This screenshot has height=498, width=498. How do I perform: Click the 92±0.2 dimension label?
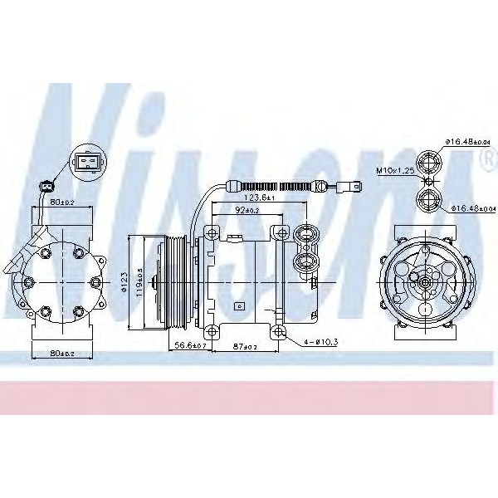click(247, 211)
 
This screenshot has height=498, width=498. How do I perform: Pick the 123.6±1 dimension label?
click(261, 198)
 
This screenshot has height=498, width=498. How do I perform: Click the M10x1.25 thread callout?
click(395, 170)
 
